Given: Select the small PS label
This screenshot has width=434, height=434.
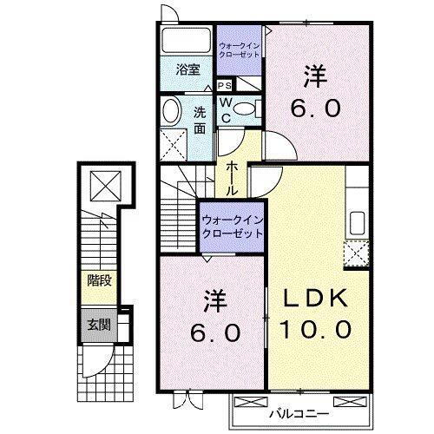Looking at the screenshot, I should (224, 85).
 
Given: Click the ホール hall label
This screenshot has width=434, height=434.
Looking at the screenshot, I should (233, 177).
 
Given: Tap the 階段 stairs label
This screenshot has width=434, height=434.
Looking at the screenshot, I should (97, 279).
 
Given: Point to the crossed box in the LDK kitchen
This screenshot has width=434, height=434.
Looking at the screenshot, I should (355, 255).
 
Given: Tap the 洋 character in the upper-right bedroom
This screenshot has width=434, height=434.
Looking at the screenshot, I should (315, 76).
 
